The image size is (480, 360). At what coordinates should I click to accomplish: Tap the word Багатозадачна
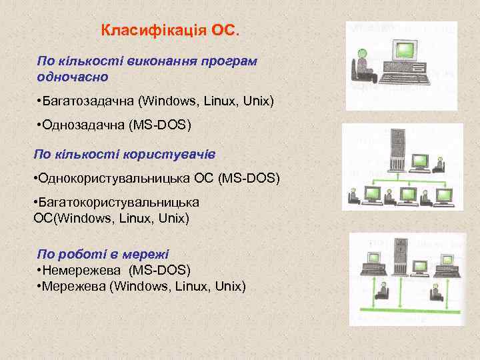pos(87,101)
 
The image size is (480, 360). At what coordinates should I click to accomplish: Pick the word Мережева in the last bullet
pos(77,287)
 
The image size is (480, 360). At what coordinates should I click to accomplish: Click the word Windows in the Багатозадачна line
pos(173,101)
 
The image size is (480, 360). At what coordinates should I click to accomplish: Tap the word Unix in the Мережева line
pos(230,287)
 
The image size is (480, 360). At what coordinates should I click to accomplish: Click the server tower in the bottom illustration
pos(401,257)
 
